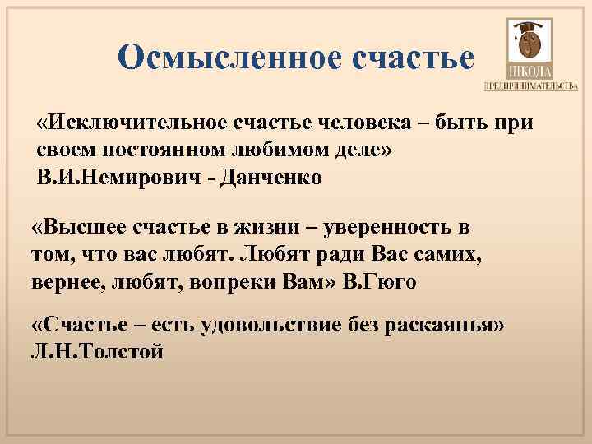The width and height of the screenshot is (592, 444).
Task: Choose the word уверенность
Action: pyautogui.click(x=395, y=226)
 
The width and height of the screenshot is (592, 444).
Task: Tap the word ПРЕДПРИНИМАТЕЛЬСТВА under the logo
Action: pyautogui.click(x=530, y=86)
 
